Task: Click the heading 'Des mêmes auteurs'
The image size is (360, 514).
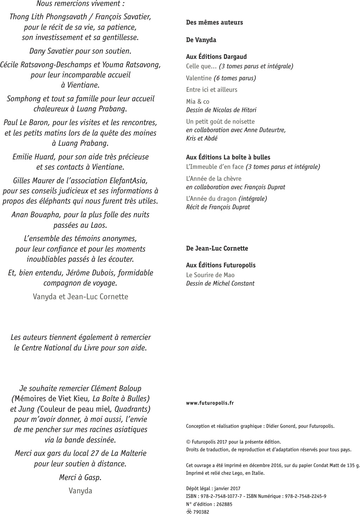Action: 214,22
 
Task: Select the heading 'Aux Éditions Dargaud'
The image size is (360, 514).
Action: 216,57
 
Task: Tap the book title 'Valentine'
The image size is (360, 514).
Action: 199,78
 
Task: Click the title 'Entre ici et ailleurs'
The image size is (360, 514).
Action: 212,90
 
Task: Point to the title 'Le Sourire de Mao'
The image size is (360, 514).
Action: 210,275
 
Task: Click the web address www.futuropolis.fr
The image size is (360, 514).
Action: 210,403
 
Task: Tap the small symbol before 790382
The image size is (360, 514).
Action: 189,512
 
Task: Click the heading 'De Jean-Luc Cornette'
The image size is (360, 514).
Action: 217,248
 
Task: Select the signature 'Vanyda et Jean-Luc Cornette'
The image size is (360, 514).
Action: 80,297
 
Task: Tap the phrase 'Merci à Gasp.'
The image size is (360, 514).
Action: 80,477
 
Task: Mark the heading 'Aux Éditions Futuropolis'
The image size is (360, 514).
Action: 221,265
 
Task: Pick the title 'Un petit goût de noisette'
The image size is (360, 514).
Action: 220,122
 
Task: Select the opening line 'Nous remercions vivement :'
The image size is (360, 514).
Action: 80,4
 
